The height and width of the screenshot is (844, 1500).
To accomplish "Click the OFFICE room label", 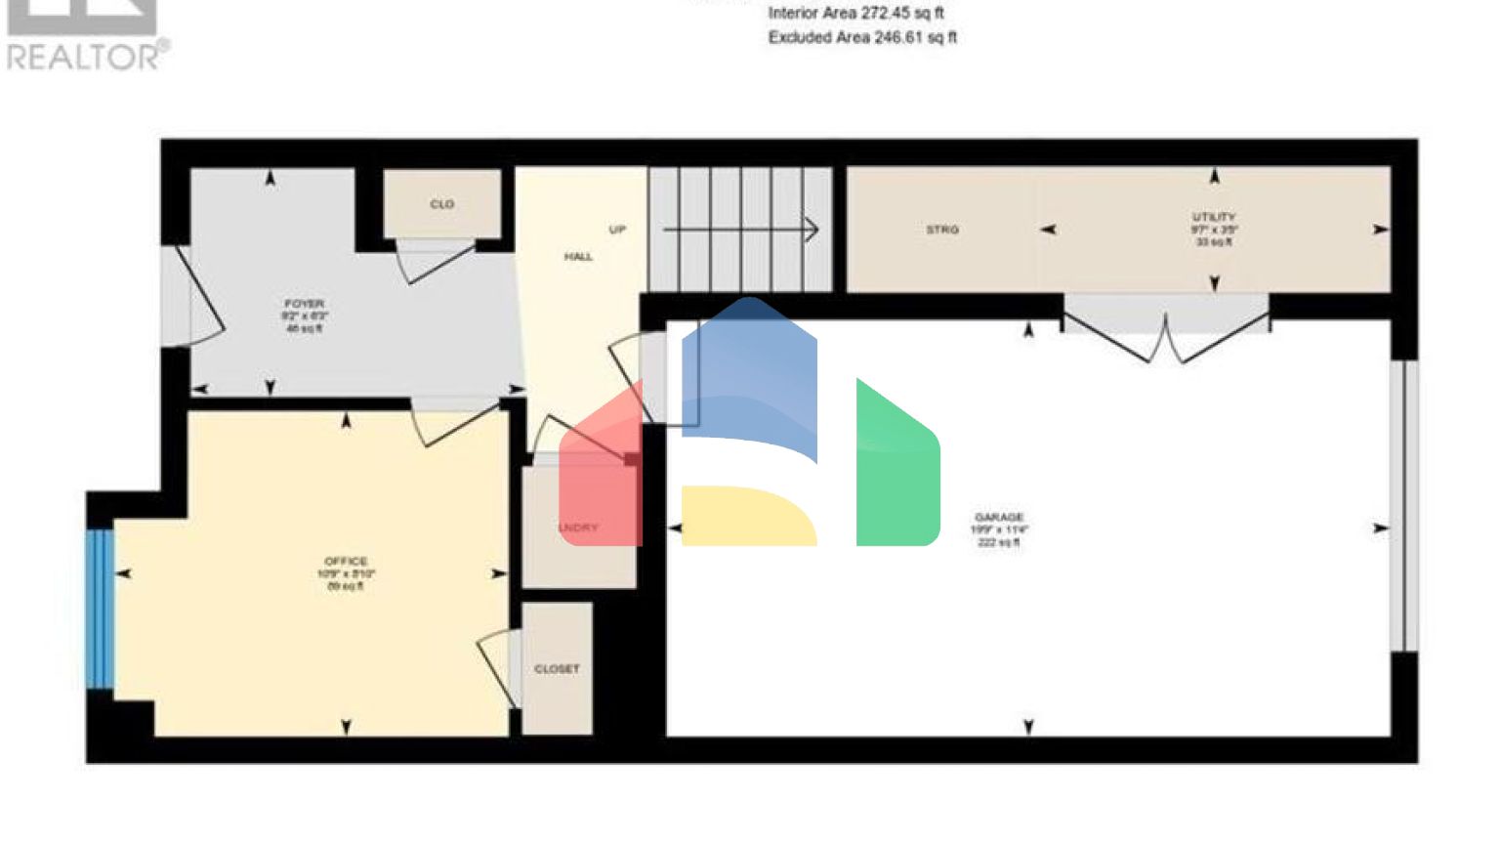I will tap(346, 562).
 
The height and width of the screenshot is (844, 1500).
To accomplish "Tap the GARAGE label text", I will tap(998, 518).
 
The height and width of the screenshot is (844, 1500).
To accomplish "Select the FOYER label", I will tap(304, 305).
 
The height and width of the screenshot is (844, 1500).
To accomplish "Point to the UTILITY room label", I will tap(1214, 217).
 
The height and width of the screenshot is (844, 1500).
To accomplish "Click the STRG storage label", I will tap(942, 230).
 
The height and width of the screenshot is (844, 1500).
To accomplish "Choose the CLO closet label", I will tap(441, 204).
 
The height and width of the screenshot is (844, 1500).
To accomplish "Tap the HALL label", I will tap(578, 257).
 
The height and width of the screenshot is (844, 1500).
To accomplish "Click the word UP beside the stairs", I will tap(617, 230).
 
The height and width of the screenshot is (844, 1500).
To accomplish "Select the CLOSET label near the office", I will tap(557, 669).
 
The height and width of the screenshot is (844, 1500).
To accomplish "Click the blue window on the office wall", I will tap(100, 609).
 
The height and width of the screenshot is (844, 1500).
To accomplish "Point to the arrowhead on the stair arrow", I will tap(812, 230).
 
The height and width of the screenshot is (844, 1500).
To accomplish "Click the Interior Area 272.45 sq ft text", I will tap(855, 14).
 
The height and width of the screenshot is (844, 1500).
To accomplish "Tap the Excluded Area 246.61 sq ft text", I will tap(861, 38).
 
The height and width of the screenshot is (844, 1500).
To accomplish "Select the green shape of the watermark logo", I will tap(897, 469).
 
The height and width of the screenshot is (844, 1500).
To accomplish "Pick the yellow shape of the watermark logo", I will tap(747, 516).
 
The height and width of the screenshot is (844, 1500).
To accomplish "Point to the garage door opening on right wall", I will tap(1403, 506).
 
